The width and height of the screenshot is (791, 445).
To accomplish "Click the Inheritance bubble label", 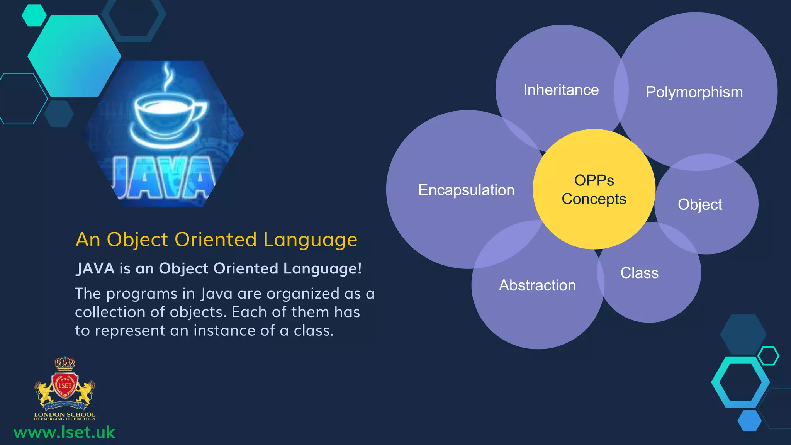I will pos(561,90).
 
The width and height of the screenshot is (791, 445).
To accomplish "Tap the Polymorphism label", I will pos(694,92).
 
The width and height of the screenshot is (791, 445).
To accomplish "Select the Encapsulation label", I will pos(466,190).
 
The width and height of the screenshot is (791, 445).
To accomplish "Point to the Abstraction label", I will pos(537,285).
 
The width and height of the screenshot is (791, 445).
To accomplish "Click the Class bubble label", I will pos(639,273).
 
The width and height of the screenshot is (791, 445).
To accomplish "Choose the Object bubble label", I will pos(700,204).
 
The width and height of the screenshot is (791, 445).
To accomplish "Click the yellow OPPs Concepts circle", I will pos(594,189).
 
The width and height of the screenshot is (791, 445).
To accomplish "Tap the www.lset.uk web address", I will pos(64,432).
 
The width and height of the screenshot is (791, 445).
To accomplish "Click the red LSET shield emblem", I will pos(65,385).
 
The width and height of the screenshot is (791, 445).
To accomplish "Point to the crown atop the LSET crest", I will pos(65,363).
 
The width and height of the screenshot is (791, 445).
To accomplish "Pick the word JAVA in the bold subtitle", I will pos(95,268).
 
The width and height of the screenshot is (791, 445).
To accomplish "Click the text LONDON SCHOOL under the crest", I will pos(65,414).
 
